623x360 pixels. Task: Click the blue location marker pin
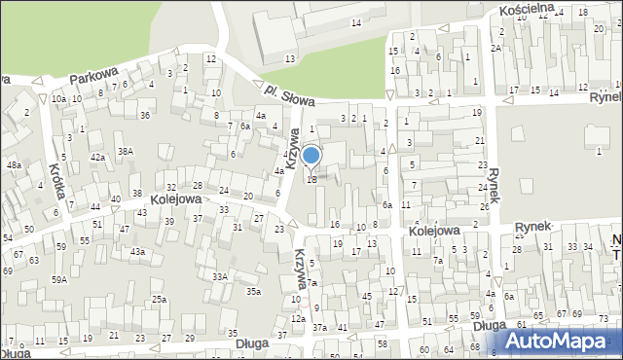tap(311, 156)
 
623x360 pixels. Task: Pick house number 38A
tap(126, 151)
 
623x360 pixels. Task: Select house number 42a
tap(97, 157)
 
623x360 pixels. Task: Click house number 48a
tap(14, 165)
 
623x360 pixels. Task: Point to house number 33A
tap(221, 276)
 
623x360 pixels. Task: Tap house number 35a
tap(253, 291)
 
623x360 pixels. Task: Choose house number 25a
tap(159, 300)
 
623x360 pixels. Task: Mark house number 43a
tap(138, 252)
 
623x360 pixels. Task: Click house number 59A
tap(59, 279)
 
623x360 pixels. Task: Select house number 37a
tap(319, 327)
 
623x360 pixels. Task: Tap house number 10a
tap(58, 98)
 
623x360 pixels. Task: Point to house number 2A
tap(495, 48)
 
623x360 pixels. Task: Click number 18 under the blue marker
tap(311, 179)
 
